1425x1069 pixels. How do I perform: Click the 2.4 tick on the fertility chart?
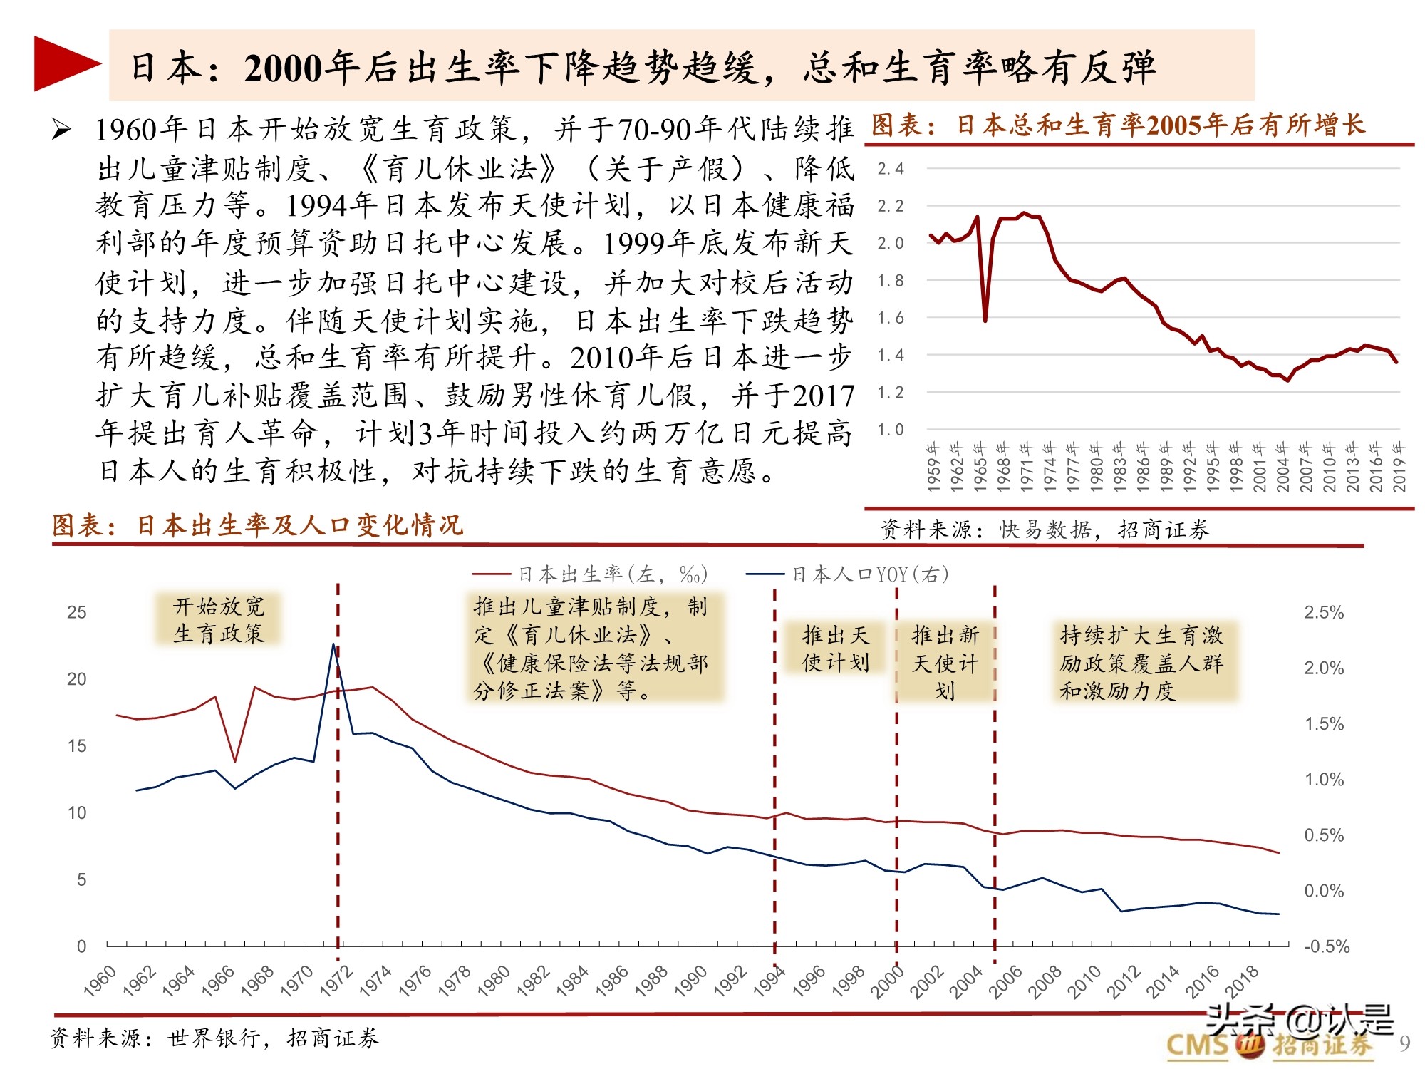click(x=890, y=169)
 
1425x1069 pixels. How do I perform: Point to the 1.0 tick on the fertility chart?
click(x=890, y=430)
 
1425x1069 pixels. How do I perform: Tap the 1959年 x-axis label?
click(x=933, y=467)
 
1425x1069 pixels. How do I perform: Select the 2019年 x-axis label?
click(x=1399, y=467)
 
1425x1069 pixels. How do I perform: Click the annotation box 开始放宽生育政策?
click(x=218, y=619)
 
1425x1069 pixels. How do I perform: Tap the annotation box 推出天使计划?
click(x=835, y=649)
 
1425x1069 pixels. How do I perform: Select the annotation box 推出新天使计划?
click(x=945, y=663)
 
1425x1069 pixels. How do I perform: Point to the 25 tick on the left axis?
click(x=76, y=612)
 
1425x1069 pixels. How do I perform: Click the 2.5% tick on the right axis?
click(x=1324, y=612)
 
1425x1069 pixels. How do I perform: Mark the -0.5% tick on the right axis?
click(x=1326, y=946)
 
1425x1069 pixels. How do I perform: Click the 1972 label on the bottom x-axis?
click(x=336, y=980)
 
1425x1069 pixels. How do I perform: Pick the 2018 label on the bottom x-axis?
click(x=1242, y=980)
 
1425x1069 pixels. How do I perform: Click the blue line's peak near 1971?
click(x=333, y=645)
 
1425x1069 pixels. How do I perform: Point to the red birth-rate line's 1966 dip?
click(x=235, y=761)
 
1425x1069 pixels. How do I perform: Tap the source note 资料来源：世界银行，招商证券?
click(x=214, y=1038)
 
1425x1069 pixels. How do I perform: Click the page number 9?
click(x=1404, y=1043)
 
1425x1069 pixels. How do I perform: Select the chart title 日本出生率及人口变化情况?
click(x=258, y=526)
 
